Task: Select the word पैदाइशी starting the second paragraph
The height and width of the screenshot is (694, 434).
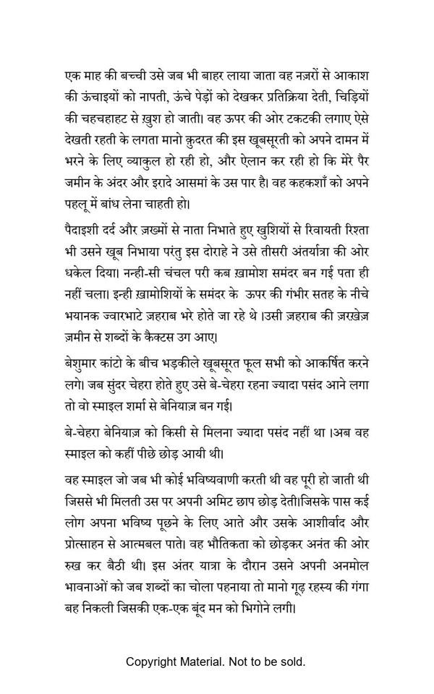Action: coord(82,230)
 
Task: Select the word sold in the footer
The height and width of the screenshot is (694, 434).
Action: coord(294,661)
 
